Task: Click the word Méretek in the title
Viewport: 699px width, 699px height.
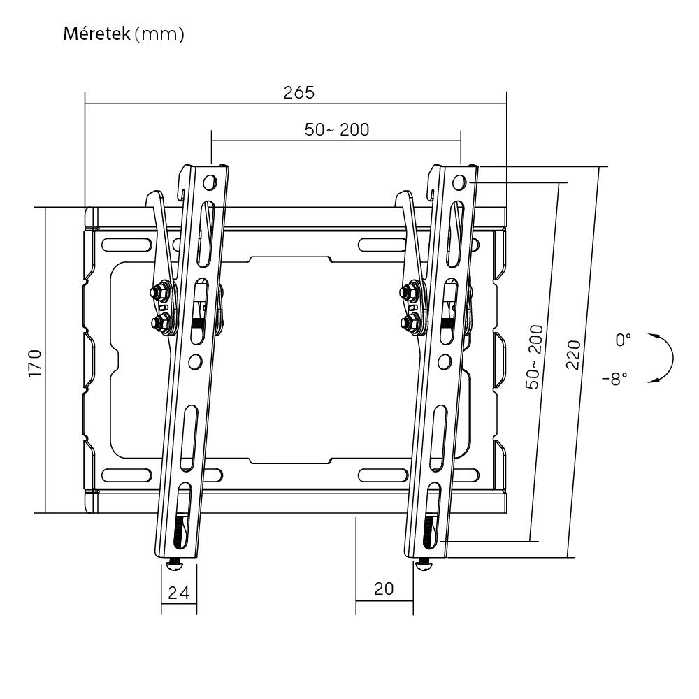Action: click(96, 34)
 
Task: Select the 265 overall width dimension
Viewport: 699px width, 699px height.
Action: click(298, 92)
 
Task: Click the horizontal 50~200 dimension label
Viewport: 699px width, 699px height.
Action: click(336, 129)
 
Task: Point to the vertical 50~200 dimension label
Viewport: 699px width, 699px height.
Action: click(535, 356)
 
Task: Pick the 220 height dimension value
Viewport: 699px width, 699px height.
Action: click(572, 355)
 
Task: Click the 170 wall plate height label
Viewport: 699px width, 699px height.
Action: click(36, 363)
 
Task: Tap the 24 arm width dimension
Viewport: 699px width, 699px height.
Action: click(179, 593)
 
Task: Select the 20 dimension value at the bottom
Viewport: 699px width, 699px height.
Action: click(384, 589)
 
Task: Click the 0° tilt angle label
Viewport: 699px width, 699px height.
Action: click(623, 340)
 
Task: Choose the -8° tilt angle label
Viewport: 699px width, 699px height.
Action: click(614, 378)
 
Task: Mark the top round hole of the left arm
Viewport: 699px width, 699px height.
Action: click(209, 183)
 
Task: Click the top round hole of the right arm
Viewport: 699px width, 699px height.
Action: click(459, 182)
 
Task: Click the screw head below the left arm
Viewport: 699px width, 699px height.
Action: click(174, 563)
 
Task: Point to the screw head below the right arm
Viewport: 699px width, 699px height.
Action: click(423, 564)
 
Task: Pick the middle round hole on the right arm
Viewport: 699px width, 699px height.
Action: click(442, 361)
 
